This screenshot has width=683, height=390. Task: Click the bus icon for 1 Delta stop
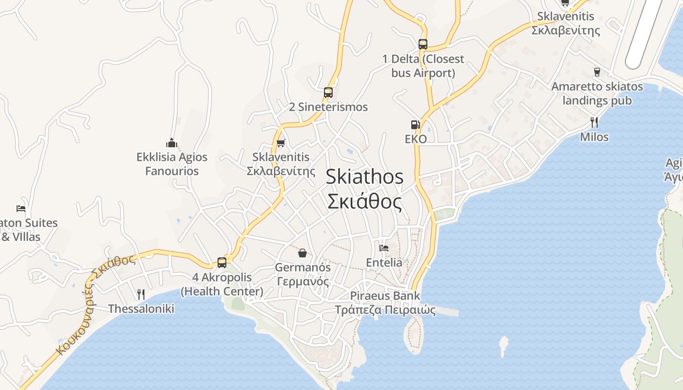click(422, 44)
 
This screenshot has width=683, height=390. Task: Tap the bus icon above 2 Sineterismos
click(328, 92)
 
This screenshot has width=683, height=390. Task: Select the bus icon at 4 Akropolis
click(222, 263)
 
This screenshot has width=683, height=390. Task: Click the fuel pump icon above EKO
click(415, 125)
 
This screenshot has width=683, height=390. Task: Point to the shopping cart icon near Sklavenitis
click(281, 143)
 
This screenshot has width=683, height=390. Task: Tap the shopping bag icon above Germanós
click(302, 253)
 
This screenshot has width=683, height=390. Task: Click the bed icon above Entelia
click(384, 248)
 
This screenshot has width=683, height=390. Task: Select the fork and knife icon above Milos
click(594, 122)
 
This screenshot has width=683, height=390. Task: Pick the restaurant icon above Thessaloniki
click(141, 294)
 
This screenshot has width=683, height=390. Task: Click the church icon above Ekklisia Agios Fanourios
click(171, 143)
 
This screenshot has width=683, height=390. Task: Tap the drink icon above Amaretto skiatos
click(597, 72)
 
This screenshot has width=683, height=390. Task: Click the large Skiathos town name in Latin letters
click(364, 176)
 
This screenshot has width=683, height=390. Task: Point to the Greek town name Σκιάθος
click(364, 201)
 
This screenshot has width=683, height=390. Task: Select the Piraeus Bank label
click(385, 296)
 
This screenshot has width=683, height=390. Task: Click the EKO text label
click(416, 139)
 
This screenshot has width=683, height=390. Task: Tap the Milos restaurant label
click(594, 137)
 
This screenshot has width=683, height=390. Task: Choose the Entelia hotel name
click(384, 263)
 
